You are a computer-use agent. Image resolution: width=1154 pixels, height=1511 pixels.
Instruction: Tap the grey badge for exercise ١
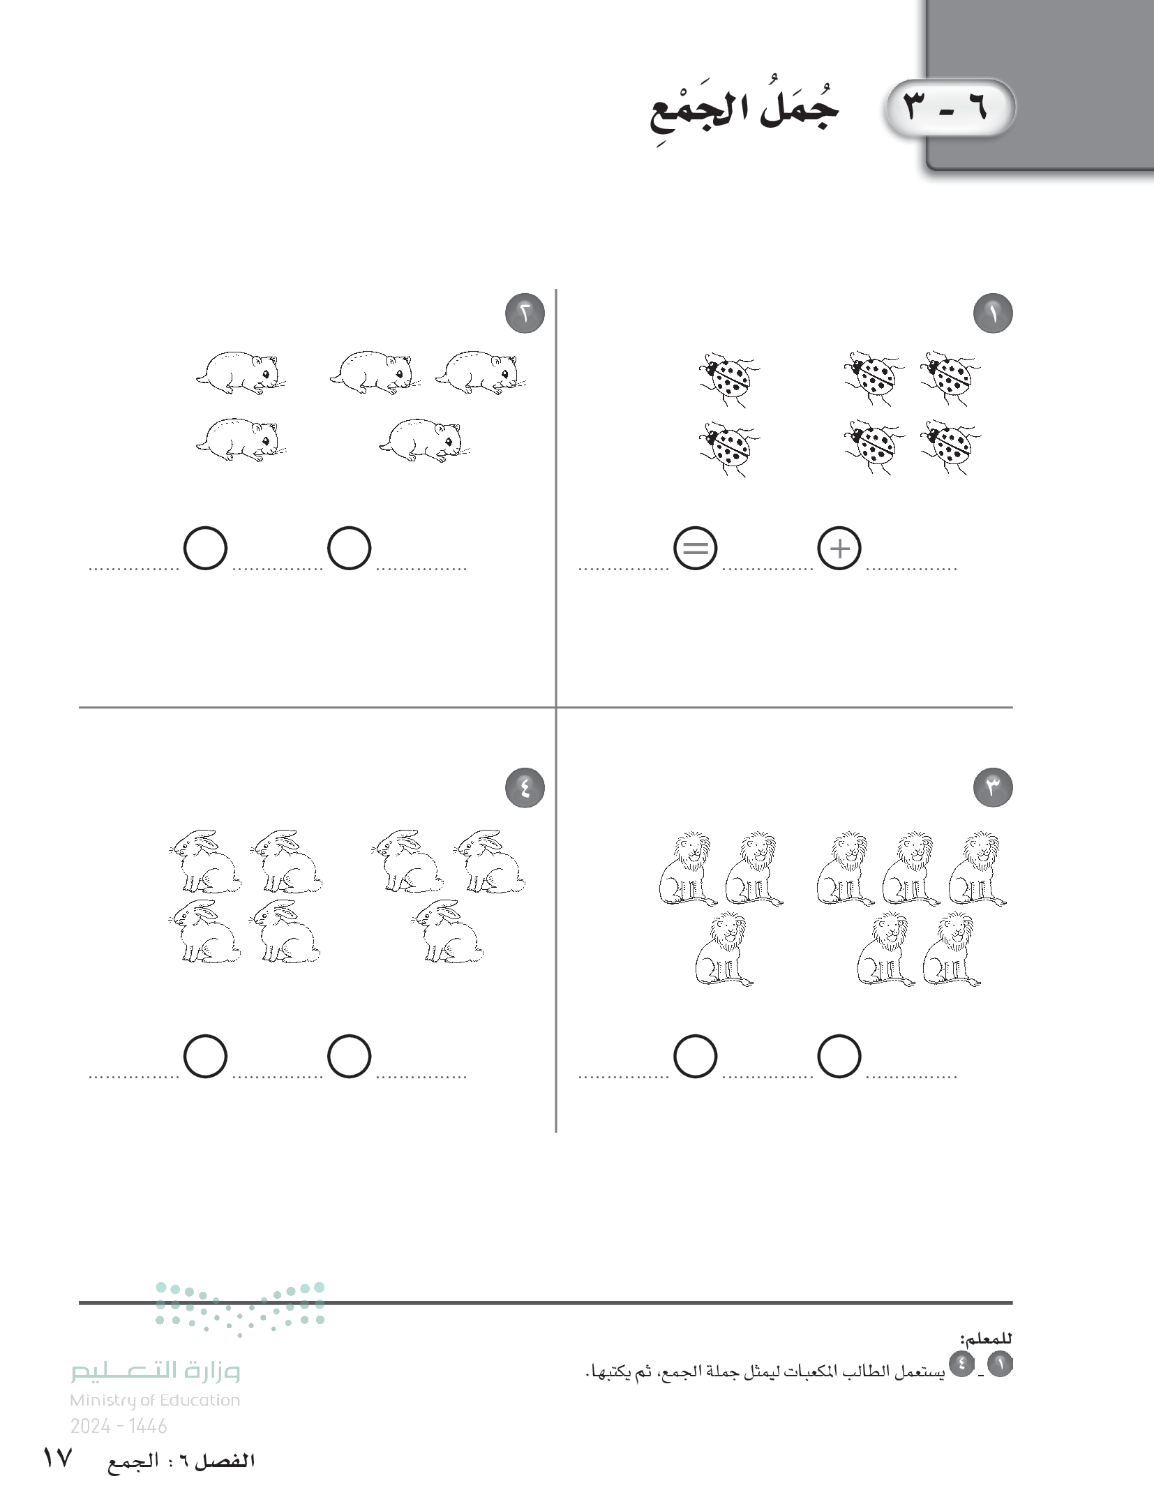click(x=993, y=314)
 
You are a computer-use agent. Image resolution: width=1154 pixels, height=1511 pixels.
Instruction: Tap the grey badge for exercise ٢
click(x=525, y=314)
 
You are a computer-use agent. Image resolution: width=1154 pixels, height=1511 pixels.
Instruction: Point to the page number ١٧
click(x=58, y=1479)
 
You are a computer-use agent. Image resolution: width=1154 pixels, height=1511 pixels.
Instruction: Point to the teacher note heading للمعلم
click(x=986, y=1339)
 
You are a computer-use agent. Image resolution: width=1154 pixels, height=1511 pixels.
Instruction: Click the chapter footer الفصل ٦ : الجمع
click(x=181, y=1480)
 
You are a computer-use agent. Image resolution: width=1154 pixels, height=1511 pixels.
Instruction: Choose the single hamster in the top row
click(x=241, y=373)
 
